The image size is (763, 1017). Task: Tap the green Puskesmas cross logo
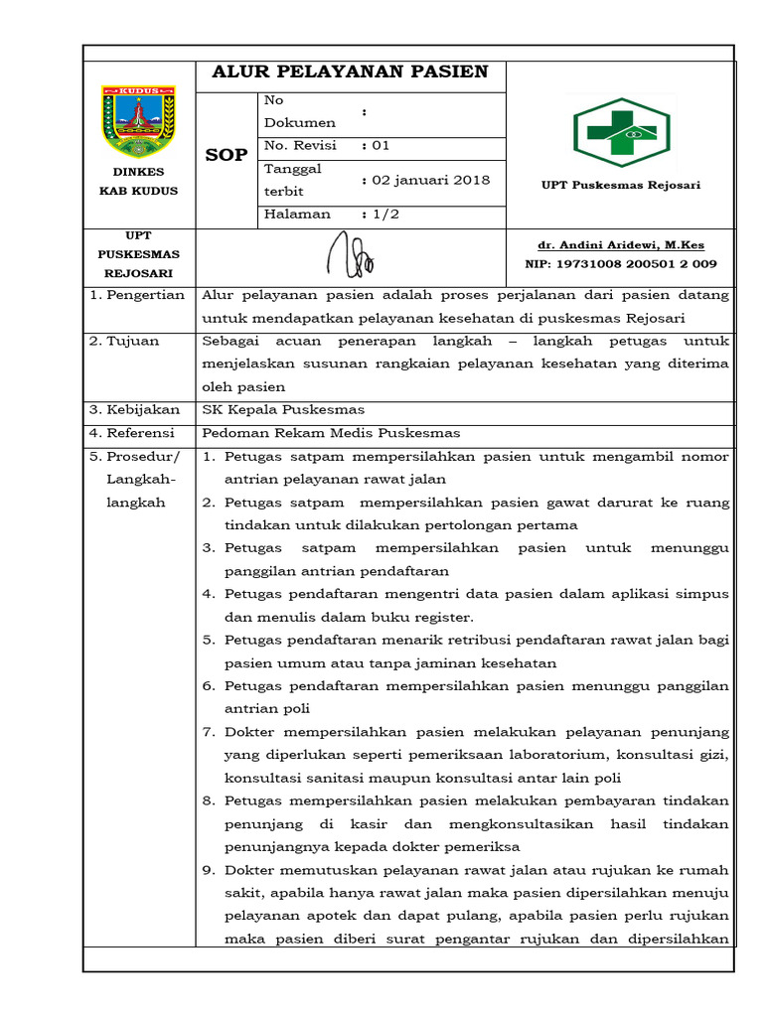pos(621,132)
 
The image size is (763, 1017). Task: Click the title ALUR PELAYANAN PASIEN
pos(352,72)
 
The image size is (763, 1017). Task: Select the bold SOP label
pos(226,155)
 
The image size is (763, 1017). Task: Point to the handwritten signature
pos(351,255)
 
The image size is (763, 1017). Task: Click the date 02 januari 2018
pos(431,180)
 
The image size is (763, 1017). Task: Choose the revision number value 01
pos(381,145)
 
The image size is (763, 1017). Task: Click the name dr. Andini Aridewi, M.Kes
pos(620,244)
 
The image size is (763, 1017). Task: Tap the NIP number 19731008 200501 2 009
pos(620,263)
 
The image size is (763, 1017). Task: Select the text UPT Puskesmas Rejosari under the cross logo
pos(620,186)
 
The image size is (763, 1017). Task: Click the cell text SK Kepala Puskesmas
pos(283,409)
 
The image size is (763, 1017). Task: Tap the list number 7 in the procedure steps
pos(209,732)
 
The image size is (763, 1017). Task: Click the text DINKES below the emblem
pos(138,172)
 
